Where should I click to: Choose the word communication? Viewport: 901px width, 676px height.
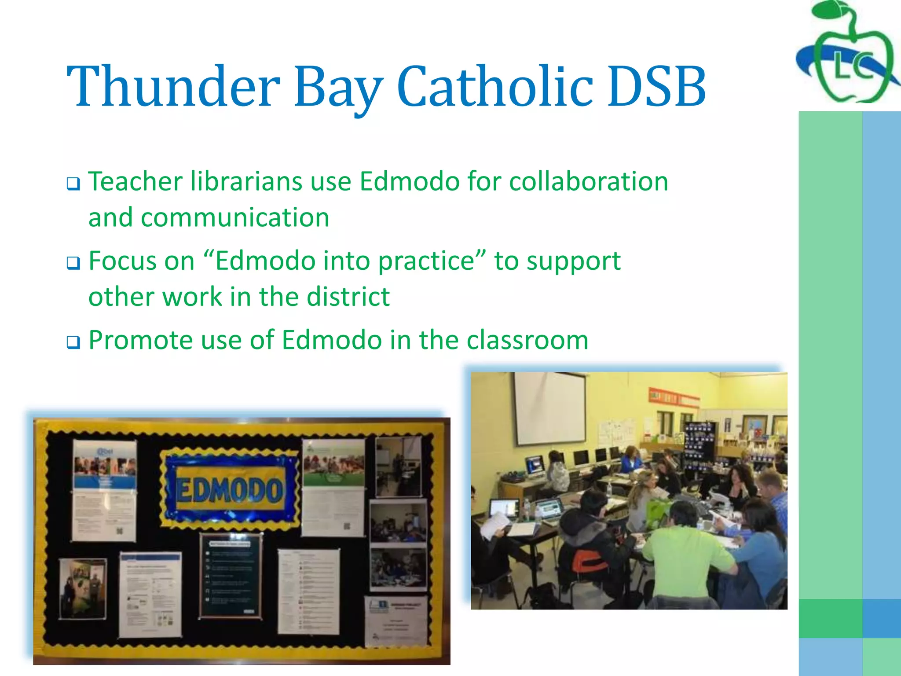point(235,217)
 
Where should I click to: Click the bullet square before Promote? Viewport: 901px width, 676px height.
point(73,342)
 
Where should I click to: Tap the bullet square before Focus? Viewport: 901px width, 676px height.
point(73,263)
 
